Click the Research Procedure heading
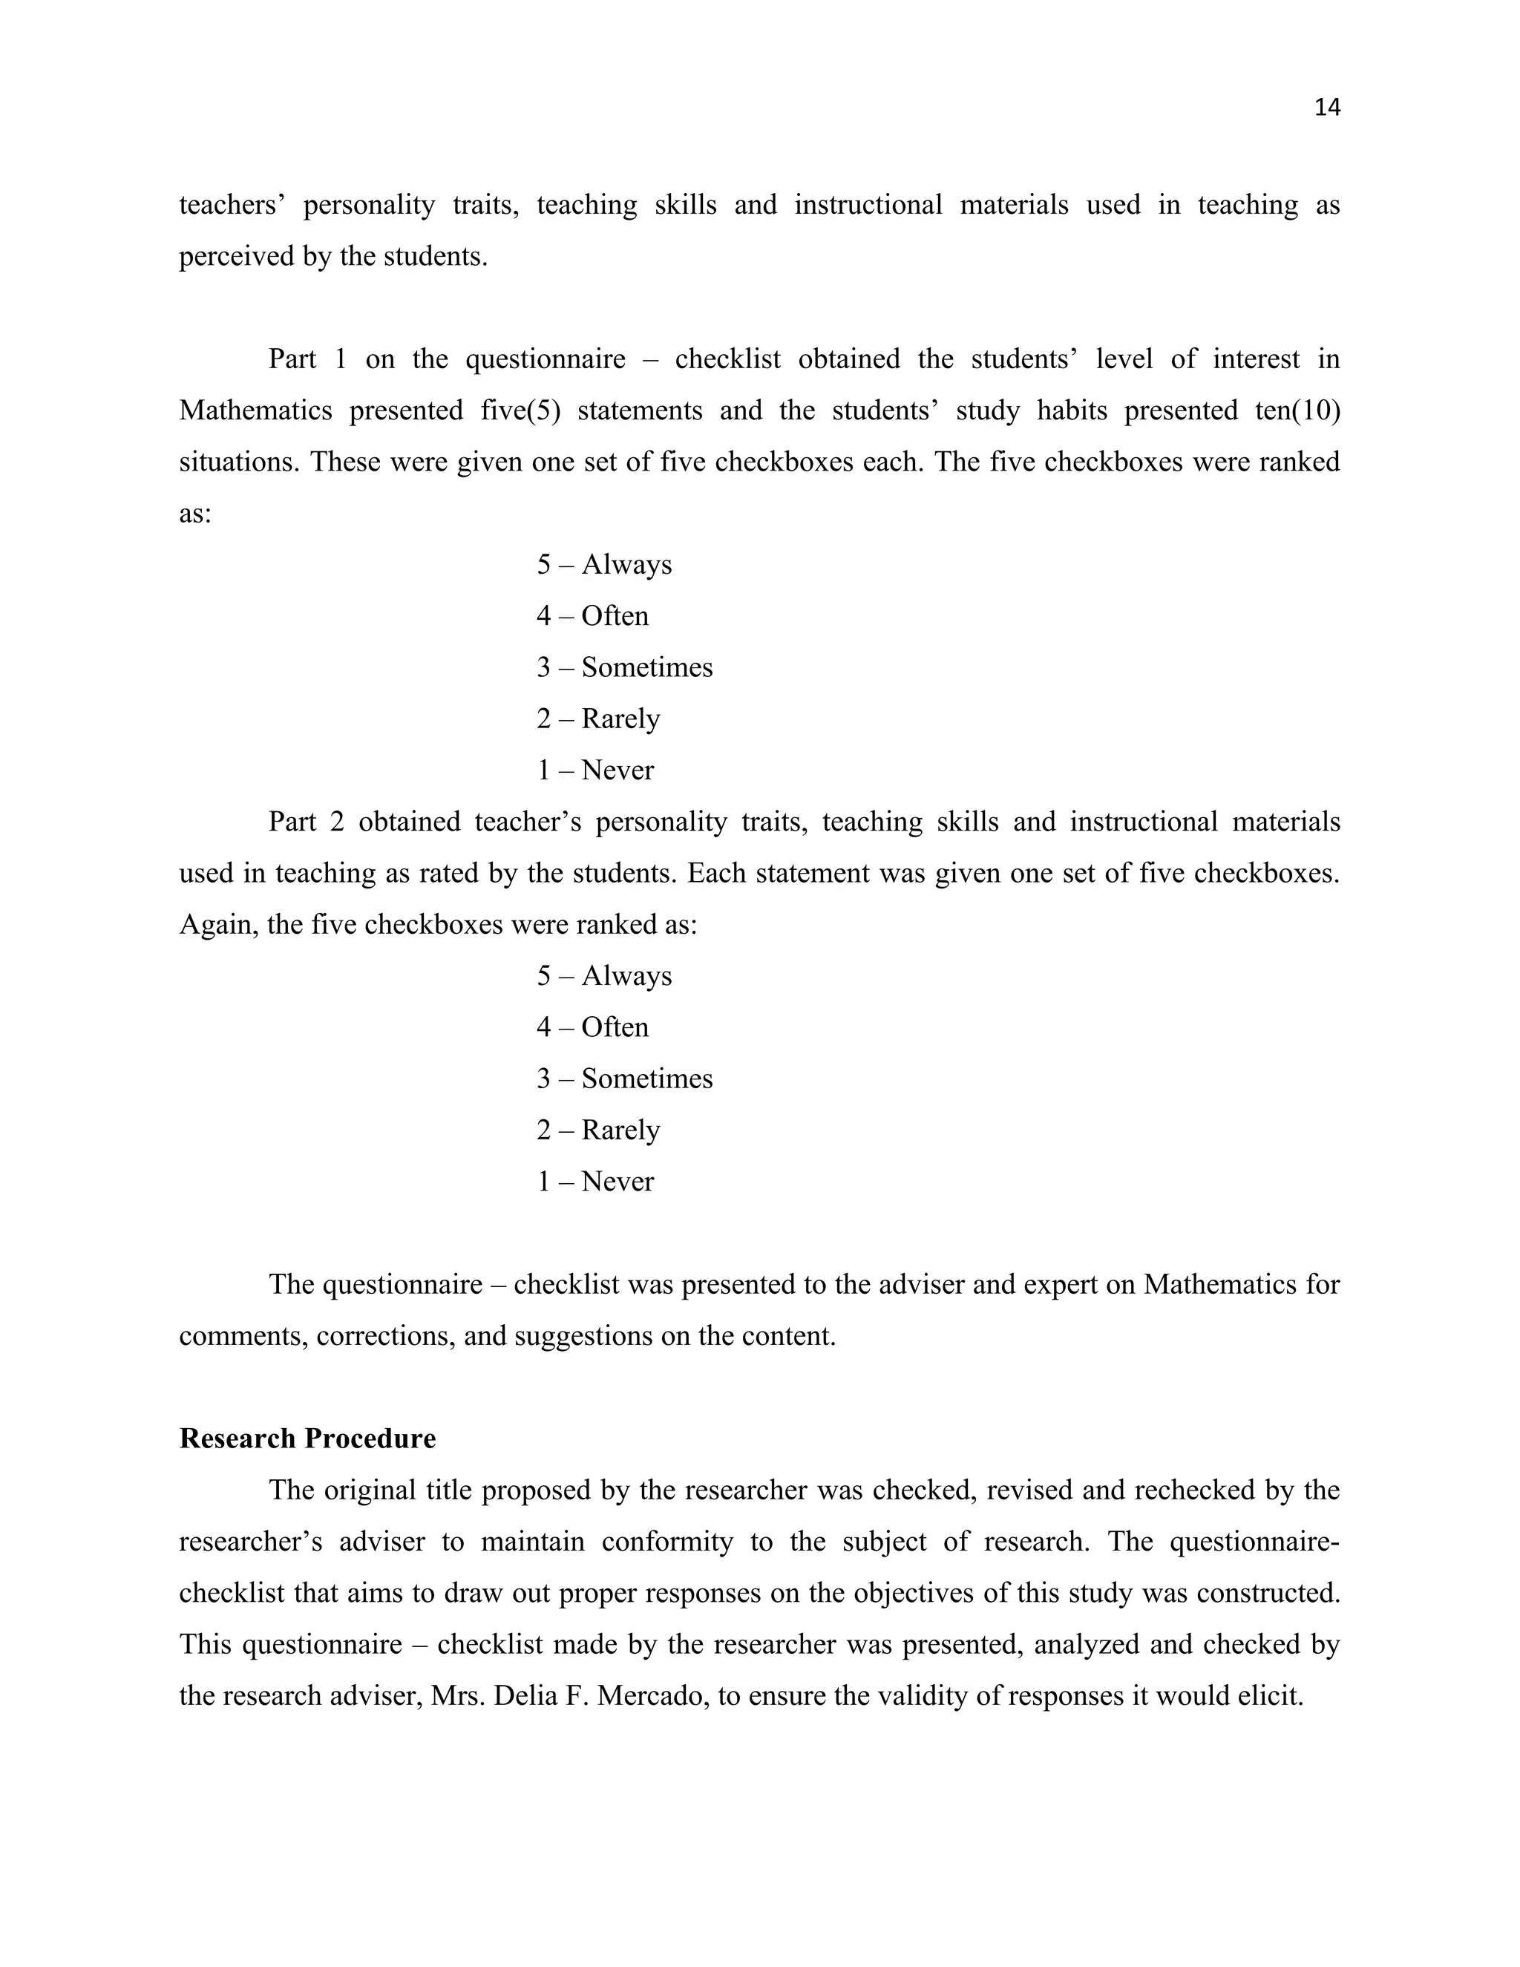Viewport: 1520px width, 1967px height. click(307, 1439)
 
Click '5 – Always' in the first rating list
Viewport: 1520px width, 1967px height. click(604, 565)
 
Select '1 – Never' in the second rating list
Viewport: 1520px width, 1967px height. click(595, 1181)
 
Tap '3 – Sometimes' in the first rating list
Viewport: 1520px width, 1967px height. click(624, 667)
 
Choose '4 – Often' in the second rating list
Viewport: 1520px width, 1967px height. click(592, 1027)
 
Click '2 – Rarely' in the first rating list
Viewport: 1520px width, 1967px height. click(598, 719)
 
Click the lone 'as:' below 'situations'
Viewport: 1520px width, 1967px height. click(194, 514)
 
